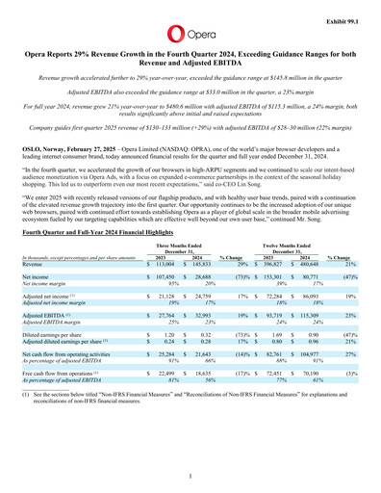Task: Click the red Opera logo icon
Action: tap(171, 21)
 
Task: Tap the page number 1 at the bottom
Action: tap(190, 476)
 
